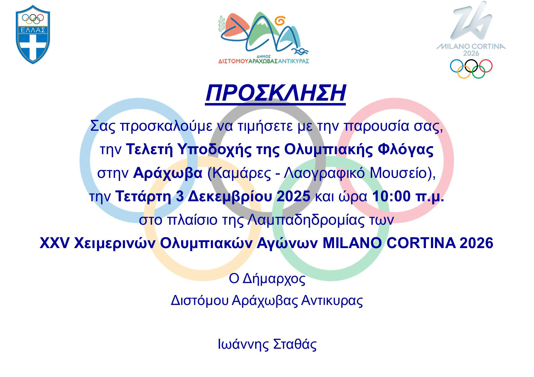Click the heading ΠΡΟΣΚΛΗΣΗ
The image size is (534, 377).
pos(276,93)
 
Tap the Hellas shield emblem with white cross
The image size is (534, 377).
pos(33,34)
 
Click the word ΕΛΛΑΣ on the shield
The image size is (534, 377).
pos(33,30)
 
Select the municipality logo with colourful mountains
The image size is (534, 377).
pos(264,38)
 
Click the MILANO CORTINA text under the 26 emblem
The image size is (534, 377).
pos(471,47)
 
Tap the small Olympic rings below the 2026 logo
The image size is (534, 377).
pos(471,68)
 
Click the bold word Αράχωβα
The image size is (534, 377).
pos(168,173)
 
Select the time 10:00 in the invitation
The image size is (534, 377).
pos(392,196)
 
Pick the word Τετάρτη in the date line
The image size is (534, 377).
pos(143,197)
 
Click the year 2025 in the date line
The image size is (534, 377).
pos(293,196)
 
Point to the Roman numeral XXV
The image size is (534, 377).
pos(54,243)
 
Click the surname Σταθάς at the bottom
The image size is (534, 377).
pos(295,344)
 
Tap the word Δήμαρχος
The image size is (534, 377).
pos(274,278)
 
